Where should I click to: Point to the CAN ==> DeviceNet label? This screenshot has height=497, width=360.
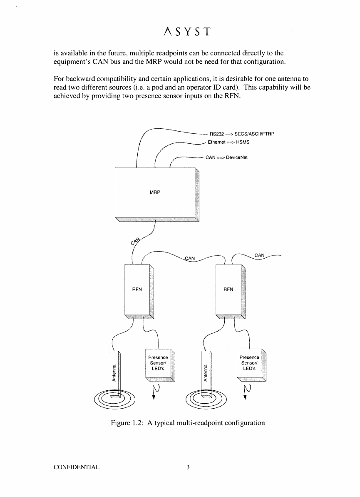[227, 158]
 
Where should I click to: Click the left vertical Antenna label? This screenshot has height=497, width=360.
[114, 371]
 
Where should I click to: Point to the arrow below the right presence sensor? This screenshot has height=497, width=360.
[247, 392]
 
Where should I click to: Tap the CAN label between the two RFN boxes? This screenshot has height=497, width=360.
[190, 258]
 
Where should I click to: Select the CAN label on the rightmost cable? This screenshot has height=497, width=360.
[259, 255]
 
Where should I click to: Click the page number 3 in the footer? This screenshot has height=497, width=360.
[188, 467]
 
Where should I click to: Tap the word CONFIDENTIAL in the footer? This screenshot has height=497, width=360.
[77, 467]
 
